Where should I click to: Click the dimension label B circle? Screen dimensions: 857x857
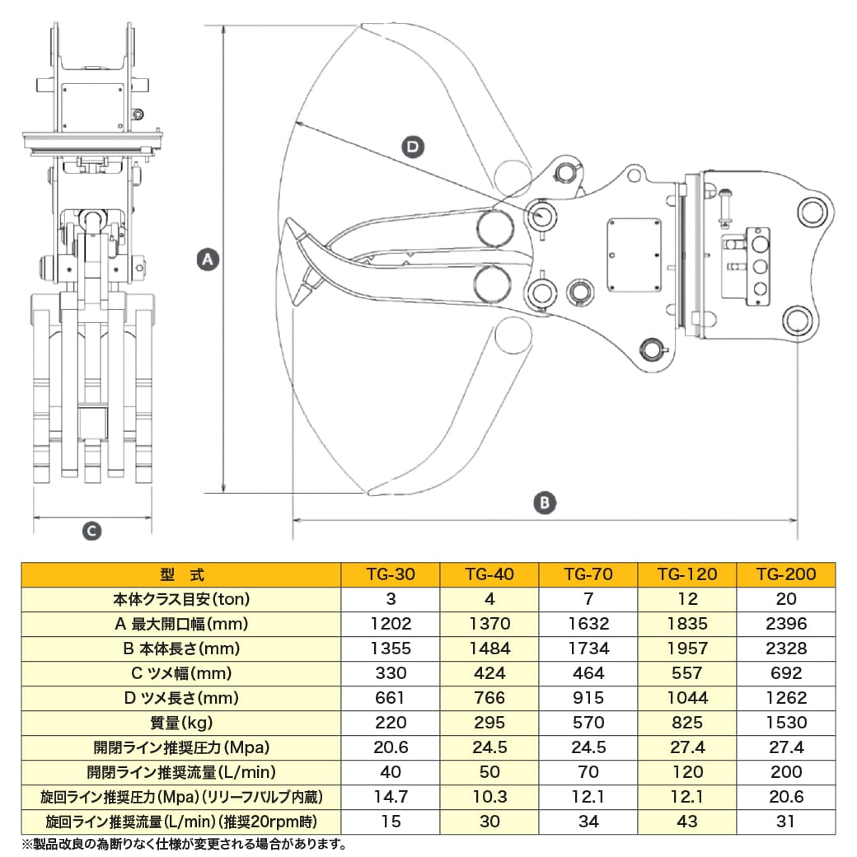point(545,502)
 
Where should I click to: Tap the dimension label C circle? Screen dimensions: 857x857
point(92,532)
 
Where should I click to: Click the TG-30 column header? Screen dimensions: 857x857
point(391,574)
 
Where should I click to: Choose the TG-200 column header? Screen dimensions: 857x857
point(786,574)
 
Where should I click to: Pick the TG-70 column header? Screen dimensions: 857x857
point(588,574)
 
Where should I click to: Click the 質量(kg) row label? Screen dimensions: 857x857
point(180,723)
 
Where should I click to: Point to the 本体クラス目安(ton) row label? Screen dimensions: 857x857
point(180,599)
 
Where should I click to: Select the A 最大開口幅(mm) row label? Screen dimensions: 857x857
point(180,624)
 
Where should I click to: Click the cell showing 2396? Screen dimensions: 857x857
point(786,624)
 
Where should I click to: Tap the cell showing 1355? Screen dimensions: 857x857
point(391,649)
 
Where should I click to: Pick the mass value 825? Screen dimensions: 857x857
point(687,723)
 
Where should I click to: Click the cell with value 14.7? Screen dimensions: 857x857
point(391,797)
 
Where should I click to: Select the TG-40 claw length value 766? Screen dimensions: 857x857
point(489,698)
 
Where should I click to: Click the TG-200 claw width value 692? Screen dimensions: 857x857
point(786,673)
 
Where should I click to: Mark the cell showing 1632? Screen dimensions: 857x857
point(588,624)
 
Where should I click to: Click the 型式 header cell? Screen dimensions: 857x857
point(180,574)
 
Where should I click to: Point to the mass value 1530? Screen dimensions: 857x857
point(786,723)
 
